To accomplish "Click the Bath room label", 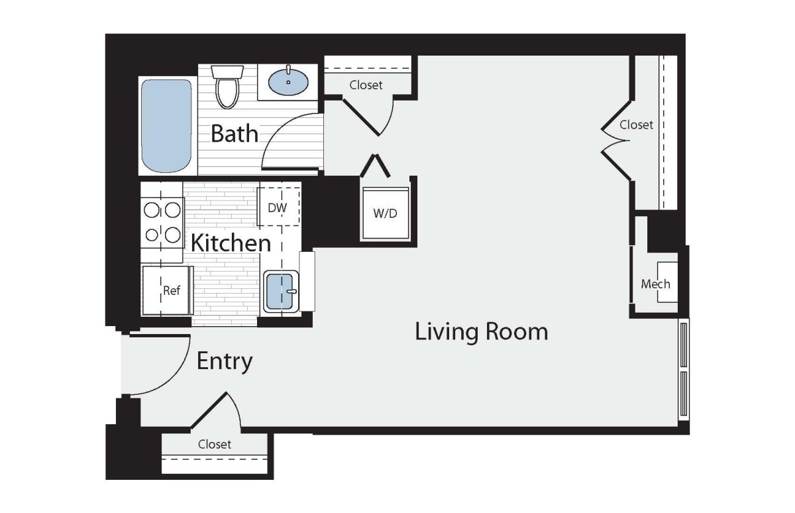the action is click(235, 133).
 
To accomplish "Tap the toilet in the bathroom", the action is click(227, 87).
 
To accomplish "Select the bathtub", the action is click(166, 126).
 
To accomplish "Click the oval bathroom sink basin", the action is click(288, 82).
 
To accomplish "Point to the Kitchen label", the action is click(231, 243).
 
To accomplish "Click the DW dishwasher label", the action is click(277, 207).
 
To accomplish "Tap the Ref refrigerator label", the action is click(172, 290).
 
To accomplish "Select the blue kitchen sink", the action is click(280, 291).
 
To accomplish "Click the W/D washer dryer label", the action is click(385, 213).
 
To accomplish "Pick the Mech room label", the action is click(655, 284).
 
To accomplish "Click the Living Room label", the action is click(481, 332).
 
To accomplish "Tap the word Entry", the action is click(225, 361).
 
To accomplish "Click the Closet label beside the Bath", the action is click(366, 85).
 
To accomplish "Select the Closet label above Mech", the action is click(636, 125).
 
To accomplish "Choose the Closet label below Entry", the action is click(215, 444).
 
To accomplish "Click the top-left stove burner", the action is click(152, 211).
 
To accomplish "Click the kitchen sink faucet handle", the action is click(291, 292).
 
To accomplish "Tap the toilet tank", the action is click(227, 72).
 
